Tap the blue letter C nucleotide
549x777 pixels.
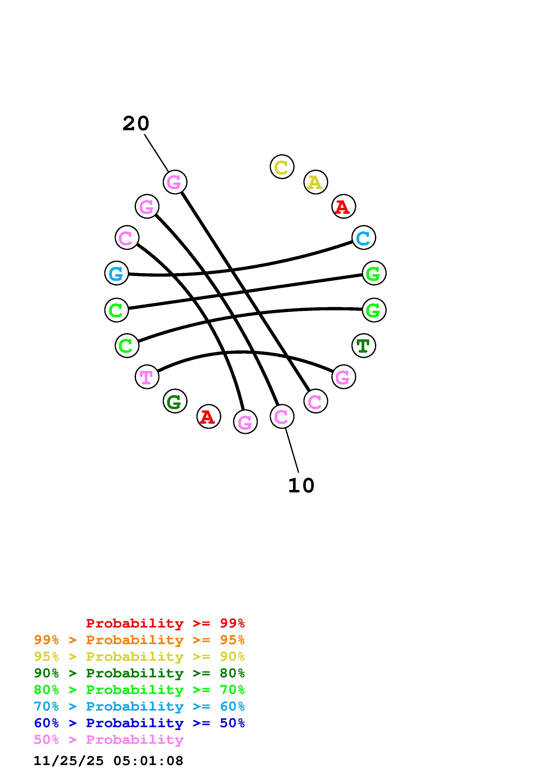[364, 238]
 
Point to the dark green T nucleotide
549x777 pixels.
[364, 346]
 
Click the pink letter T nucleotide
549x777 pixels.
[147, 377]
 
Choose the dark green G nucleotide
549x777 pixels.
[175, 401]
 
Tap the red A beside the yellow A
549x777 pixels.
[344, 206]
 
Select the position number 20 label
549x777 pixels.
[136, 124]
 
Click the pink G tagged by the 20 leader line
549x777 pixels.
[175, 182]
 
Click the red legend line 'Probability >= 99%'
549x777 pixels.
[165, 623]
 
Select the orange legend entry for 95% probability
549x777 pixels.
[139, 640]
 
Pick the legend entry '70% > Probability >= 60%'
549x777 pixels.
[139, 706]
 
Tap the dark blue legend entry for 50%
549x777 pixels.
[139, 723]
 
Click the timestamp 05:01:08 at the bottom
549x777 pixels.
[148, 761]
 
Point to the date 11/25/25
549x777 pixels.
[69, 761]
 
